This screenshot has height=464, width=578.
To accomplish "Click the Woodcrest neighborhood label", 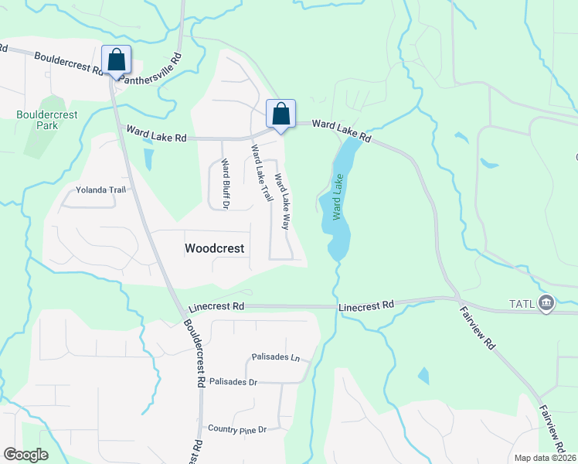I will pyautogui.click(x=215, y=248).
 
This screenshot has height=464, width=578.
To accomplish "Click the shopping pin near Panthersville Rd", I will pyautogui.click(x=116, y=61).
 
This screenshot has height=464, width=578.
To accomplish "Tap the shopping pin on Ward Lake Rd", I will pyautogui.click(x=280, y=114).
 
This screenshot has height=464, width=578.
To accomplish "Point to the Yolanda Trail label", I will pyautogui.click(x=100, y=189).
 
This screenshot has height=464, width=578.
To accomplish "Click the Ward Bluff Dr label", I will pyautogui.click(x=225, y=184).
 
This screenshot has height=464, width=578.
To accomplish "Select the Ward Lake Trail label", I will pyautogui.click(x=262, y=173).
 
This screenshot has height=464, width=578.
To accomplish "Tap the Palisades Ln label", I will pyautogui.click(x=275, y=357).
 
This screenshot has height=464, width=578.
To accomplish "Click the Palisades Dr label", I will pyautogui.click(x=233, y=382).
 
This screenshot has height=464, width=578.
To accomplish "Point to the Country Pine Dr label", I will pyautogui.click(x=237, y=428).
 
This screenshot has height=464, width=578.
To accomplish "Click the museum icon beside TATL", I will pyautogui.click(x=547, y=302).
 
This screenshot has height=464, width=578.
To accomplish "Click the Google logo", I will pyautogui.click(x=25, y=455).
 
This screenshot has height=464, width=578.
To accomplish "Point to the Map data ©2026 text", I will pyautogui.click(x=544, y=458).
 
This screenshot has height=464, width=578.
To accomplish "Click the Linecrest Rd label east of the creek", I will pyautogui.click(x=366, y=305).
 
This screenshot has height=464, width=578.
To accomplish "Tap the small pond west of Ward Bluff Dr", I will pyautogui.click(x=148, y=158).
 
